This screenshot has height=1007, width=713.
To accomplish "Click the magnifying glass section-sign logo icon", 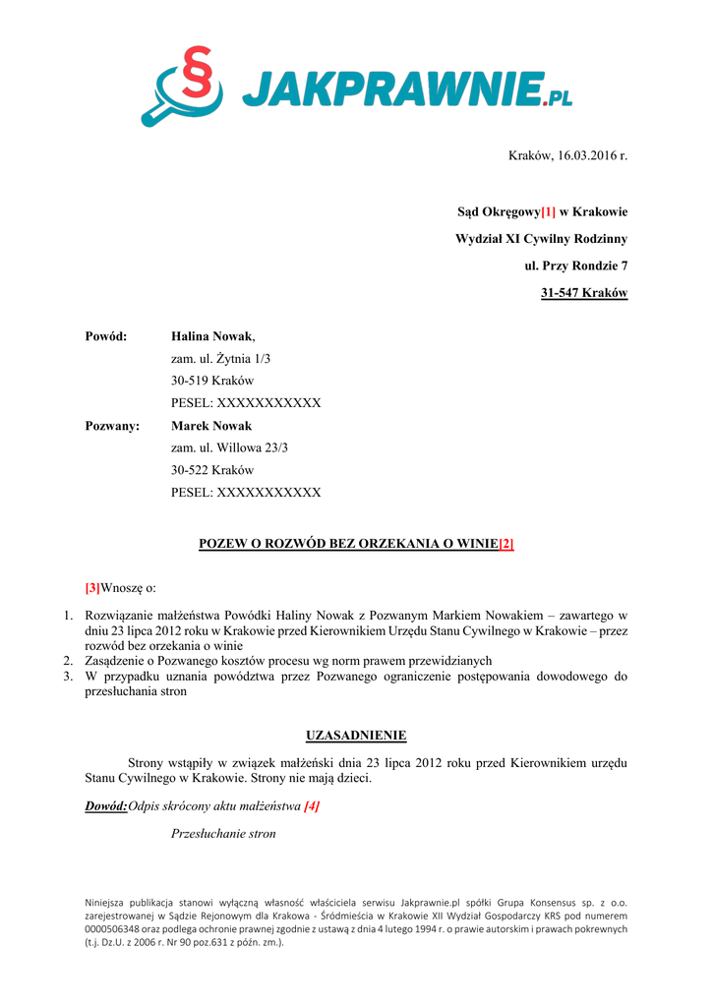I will (x=185, y=87).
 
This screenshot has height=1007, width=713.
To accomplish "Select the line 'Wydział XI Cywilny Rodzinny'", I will (x=541, y=239).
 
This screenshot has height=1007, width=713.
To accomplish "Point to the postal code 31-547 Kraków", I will (x=584, y=293).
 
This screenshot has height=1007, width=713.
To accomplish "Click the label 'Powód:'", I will (x=106, y=337).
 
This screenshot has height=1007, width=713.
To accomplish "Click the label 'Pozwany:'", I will (x=112, y=426).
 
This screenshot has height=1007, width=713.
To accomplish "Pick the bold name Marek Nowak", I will (x=211, y=426).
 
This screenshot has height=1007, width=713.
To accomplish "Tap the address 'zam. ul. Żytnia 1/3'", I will (x=220, y=359).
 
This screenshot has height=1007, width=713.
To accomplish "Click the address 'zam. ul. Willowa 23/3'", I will (x=229, y=447).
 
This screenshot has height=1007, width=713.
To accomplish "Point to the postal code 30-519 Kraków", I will (x=212, y=381).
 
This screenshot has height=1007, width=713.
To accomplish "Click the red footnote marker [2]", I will (x=506, y=544).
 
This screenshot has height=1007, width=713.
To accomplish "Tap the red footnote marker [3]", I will (x=92, y=588).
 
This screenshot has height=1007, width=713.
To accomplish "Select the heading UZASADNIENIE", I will (x=356, y=736).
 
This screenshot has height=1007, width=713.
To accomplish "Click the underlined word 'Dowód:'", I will (x=106, y=806).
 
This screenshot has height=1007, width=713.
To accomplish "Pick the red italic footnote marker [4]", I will (x=312, y=806).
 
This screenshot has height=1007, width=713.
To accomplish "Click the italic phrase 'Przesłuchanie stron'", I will (x=223, y=834).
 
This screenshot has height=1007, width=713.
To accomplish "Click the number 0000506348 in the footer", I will (x=119, y=928).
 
